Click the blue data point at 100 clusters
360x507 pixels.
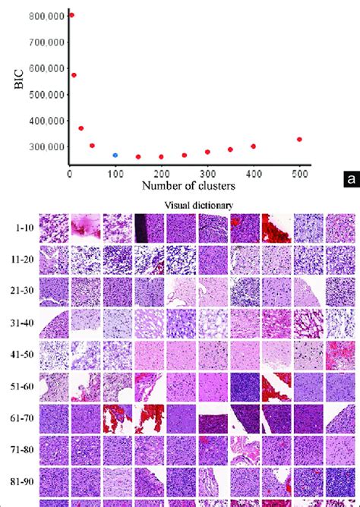(x=115, y=155)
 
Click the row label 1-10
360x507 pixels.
(x=21, y=228)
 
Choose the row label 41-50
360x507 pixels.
(x=21, y=355)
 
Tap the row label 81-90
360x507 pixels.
(x=21, y=482)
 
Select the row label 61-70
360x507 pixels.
(x=21, y=419)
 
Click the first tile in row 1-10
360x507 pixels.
(x=54, y=227)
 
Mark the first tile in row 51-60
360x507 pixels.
(x=54, y=386)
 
